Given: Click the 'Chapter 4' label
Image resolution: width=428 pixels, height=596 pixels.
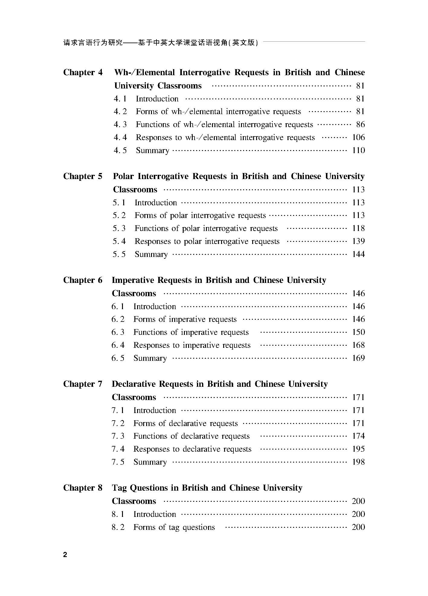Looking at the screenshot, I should (x=83, y=72).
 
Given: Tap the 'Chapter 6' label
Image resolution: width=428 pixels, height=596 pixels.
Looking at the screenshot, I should (x=83, y=280).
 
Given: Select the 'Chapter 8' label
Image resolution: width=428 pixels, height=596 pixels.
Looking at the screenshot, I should (x=83, y=488).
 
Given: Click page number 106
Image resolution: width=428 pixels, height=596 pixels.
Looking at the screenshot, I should (x=359, y=138).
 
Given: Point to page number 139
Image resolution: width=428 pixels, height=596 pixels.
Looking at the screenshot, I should (x=359, y=241).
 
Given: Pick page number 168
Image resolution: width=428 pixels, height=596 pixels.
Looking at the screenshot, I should (x=359, y=345).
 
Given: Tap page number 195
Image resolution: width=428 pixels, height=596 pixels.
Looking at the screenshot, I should (x=359, y=449).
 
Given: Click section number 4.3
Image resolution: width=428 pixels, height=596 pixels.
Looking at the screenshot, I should (x=120, y=125).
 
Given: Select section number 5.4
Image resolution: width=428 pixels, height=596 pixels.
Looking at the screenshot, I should (x=119, y=242).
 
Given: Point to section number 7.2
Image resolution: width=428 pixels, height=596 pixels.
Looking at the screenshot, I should (x=118, y=423).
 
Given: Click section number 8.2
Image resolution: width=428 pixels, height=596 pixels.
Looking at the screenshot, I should (x=118, y=527).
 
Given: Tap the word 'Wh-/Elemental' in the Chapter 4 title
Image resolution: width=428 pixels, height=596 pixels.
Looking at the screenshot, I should (x=144, y=72).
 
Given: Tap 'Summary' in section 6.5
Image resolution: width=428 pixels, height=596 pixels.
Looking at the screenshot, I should (x=150, y=358).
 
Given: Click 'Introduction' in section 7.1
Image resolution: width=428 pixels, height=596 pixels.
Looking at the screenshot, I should (x=155, y=410).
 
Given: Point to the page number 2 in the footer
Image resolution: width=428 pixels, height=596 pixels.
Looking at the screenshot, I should (x=65, y=555).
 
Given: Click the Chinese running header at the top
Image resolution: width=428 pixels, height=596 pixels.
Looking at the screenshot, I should (x=160, y=43).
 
